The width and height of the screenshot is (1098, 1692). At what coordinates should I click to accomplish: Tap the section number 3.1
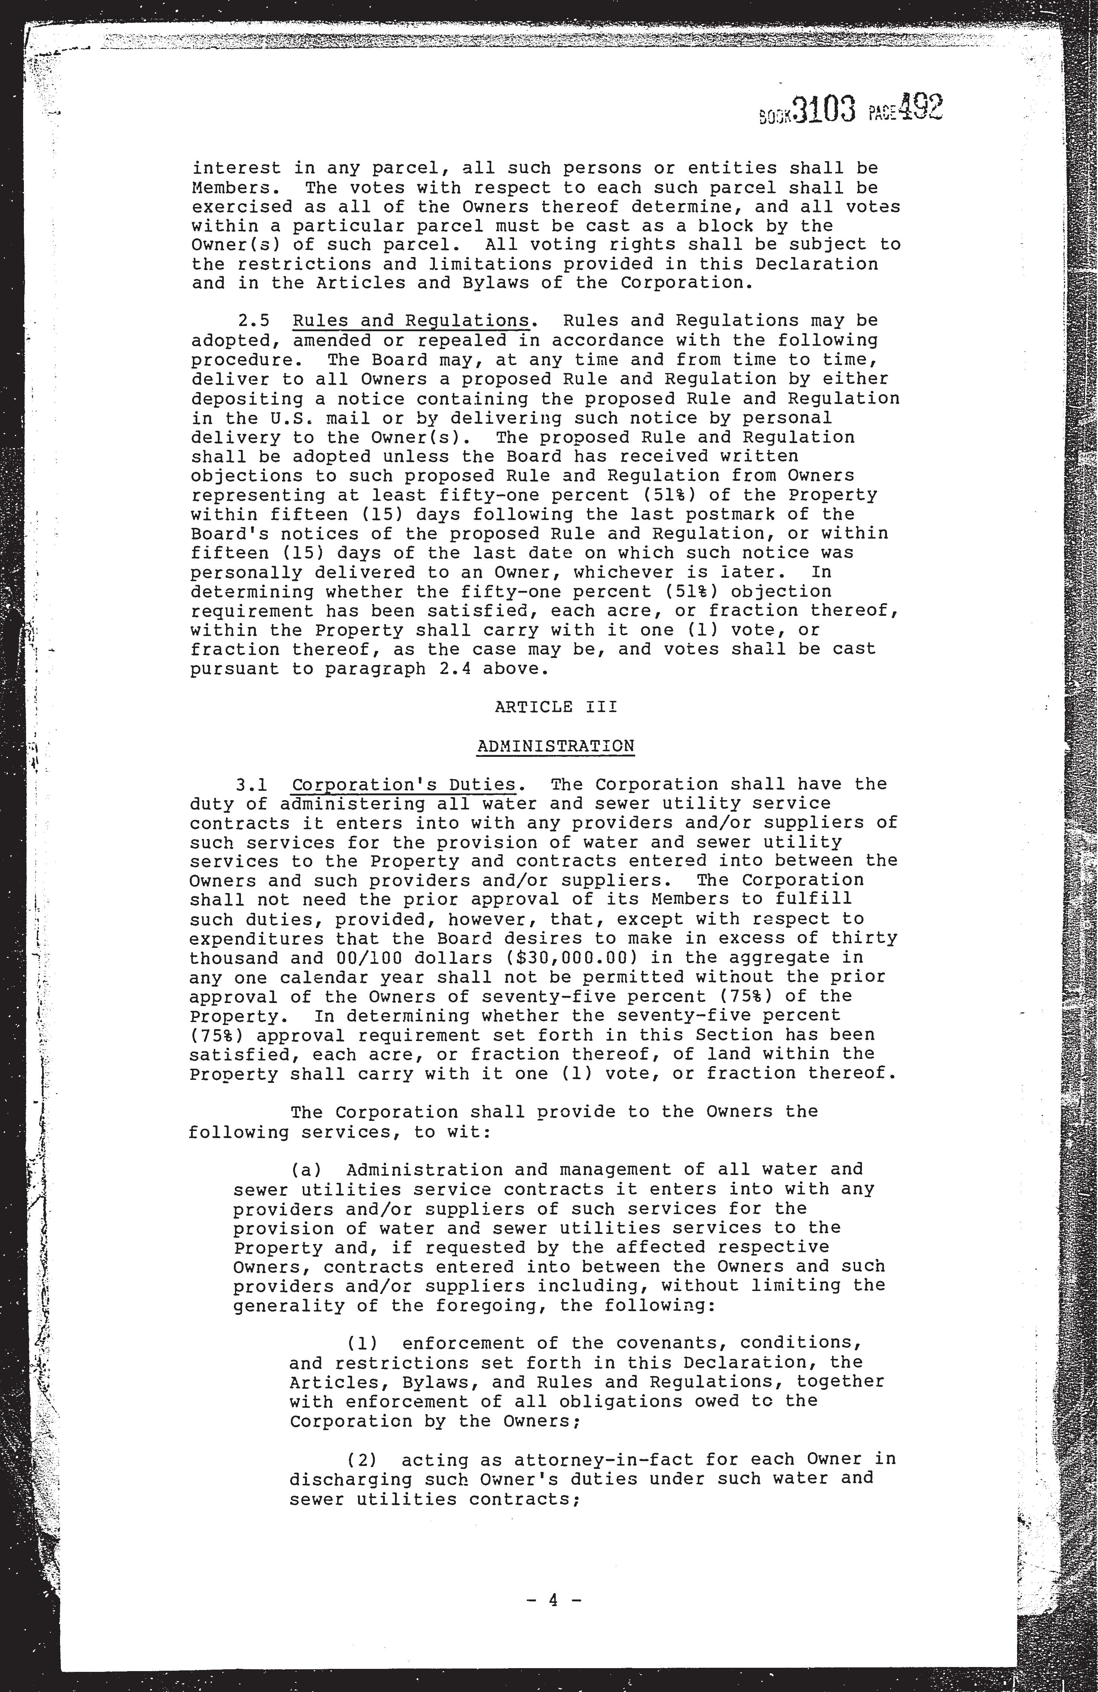[x=252, y=785]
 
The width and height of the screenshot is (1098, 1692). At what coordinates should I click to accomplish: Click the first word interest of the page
[x=237, y=169]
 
